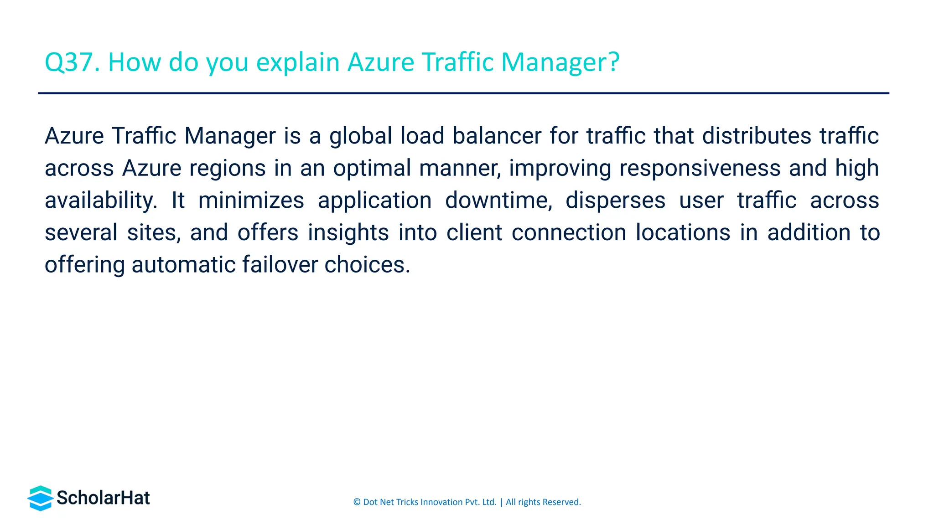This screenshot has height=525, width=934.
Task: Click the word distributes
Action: [x=757, y=136]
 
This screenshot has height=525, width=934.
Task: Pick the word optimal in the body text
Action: [x=372, y=168]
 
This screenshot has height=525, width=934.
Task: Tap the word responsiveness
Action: [x=700, y=168]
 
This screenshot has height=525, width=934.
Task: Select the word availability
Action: [x=101, y=201]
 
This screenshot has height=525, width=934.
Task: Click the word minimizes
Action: [x=251, y=201]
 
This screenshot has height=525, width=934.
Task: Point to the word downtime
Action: [x=498, y=201]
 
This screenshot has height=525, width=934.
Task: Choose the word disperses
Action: [x=615, y=201]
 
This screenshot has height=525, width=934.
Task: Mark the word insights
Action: [x=348, y=232]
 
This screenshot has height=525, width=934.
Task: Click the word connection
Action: [x=569, y=232]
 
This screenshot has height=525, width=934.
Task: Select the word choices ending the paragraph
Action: [x=367, y=265]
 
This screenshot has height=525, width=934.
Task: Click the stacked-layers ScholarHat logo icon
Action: [x=41, y=498]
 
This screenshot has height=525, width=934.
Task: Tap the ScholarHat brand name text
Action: [x=104, y=498]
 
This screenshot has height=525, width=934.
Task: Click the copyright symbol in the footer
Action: [x=357, y=502]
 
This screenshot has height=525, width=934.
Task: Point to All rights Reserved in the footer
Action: [x=543, y=502]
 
